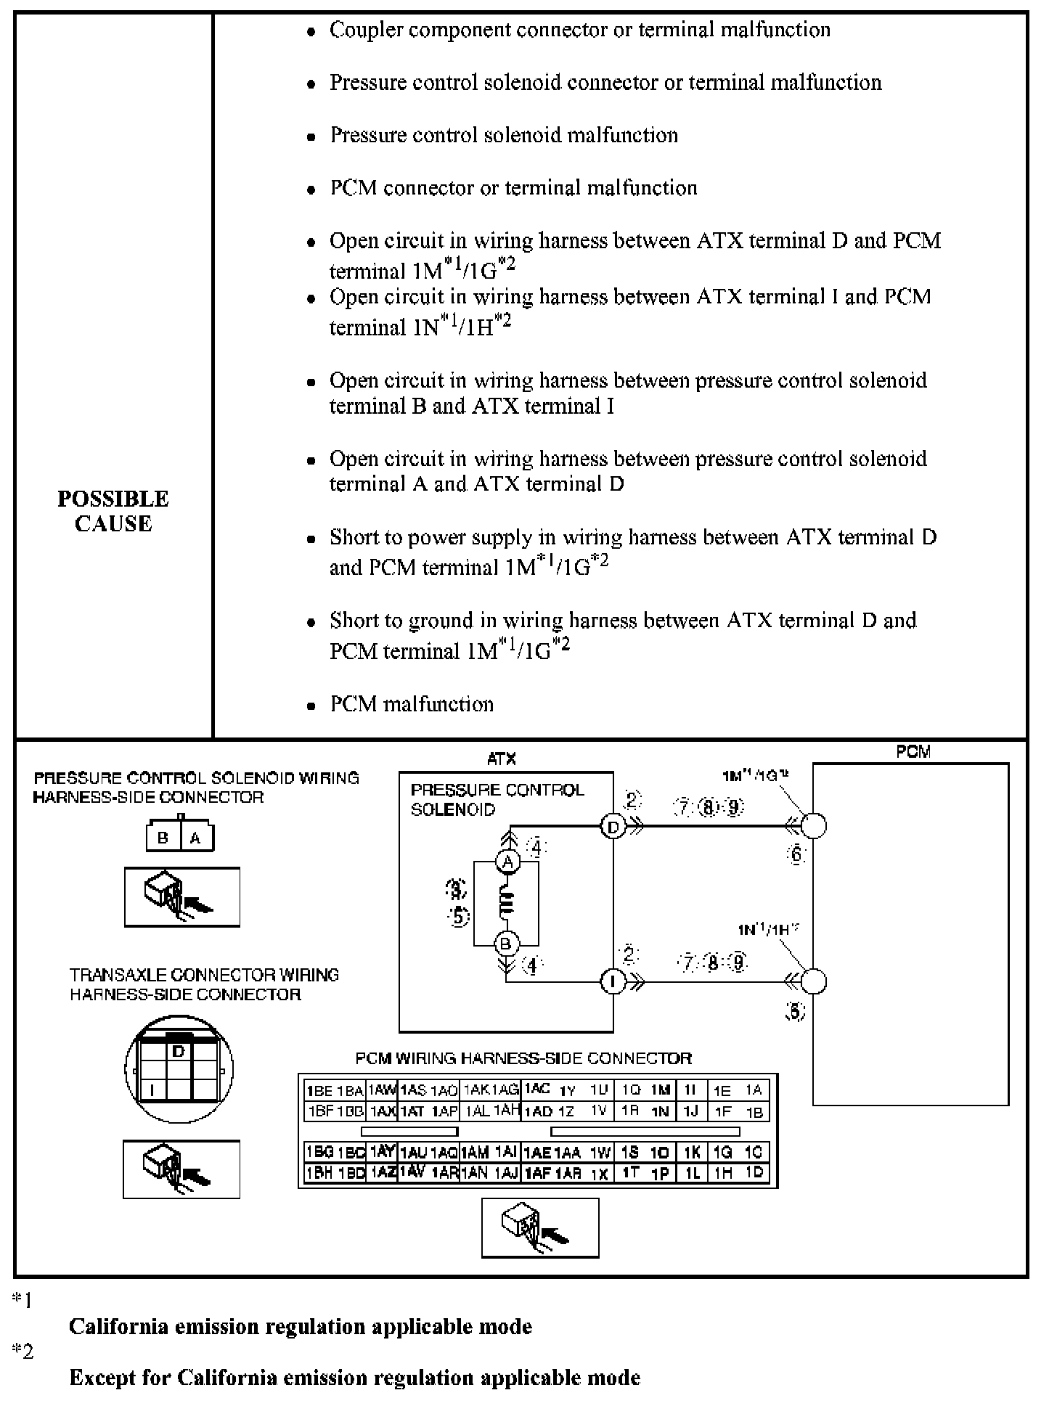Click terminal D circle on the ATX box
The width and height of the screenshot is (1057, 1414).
(x=613, y=827)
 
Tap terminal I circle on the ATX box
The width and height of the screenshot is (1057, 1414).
(x=613, y=982)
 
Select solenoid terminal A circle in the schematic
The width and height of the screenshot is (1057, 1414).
(x=507, y=862)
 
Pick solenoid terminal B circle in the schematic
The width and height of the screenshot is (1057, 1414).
(x=506, y=944)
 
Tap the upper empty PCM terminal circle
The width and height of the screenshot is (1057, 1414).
(x=814, y=826)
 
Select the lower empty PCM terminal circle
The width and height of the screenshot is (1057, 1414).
(x=814, y=981)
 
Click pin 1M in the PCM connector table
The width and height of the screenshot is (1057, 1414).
(x=660, y=1090)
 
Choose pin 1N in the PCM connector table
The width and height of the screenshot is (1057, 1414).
(x=660, y=1111)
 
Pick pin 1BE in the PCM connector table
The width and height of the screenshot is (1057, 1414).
(x=319, y=1090)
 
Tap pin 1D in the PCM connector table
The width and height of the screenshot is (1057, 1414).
(x=754, y=1172)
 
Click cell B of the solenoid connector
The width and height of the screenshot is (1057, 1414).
(x=163, y=838)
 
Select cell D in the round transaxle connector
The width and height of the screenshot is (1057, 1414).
(x=179, y=1051)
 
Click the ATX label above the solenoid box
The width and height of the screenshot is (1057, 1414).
(x=502, y=759)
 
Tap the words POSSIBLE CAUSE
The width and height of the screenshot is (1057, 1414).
(x=113, y=511)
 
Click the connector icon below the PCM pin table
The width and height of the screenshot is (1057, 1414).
(x=540, y=1227)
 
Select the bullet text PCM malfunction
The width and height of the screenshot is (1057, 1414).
(x=412, y=704)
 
